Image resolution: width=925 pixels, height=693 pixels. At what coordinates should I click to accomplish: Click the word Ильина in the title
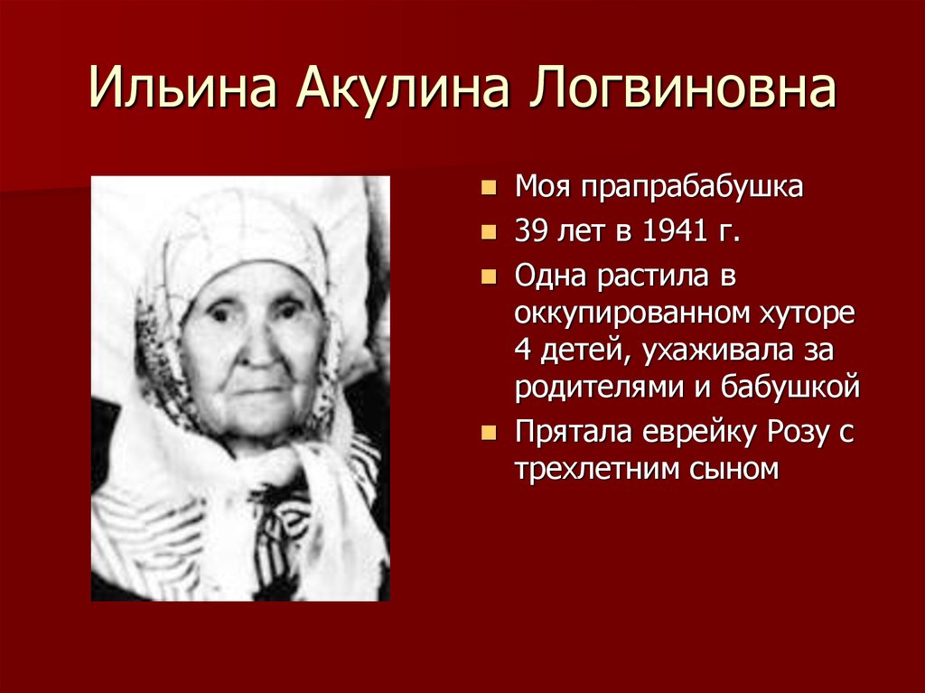[182, 89]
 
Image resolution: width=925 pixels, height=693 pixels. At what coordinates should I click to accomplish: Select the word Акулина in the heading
[402, 89]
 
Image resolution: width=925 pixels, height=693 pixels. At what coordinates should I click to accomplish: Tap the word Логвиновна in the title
[682, 89]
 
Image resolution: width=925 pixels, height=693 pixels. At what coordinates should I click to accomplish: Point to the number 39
[529, 230]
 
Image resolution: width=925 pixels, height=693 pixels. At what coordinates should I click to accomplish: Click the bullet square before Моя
[489, 188]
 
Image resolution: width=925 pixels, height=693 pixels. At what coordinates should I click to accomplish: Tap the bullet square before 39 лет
[489, 232]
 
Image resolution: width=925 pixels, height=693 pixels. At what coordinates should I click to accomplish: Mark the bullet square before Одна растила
[489, 276]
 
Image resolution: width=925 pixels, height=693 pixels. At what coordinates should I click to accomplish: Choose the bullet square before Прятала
[489, 434]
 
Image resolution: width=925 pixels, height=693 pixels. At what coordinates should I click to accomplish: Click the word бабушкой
[790, 388]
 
